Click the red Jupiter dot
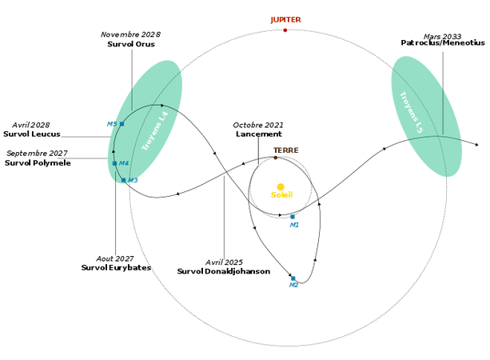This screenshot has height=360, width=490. coord(285,30)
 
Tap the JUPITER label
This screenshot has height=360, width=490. coord(285,19)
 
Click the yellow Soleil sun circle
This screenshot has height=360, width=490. coord(281,187)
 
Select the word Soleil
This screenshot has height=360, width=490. coord(281,195)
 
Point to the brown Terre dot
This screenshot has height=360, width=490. coord(276,158)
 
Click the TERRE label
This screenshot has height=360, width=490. coord(285,150)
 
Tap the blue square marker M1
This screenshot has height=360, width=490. coord(293,217)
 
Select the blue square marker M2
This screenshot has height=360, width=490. coord(293,278)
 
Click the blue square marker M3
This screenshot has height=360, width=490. coord(123,180)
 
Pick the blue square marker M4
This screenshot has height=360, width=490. coord(115,163)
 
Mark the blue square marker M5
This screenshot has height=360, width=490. coord(122,124)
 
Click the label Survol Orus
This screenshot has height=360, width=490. coord(131,45)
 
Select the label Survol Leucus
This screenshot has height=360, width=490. coord(32,134)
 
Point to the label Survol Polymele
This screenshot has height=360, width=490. coord(38,162)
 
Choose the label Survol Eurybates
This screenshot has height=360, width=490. coord(116,268)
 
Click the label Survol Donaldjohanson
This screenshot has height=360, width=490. coord(224,272)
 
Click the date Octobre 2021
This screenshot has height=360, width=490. coord(258,125)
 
